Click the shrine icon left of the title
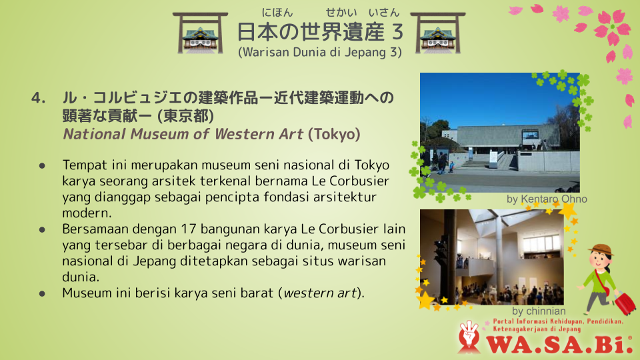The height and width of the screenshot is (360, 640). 200,33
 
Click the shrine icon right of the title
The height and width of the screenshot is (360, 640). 437,33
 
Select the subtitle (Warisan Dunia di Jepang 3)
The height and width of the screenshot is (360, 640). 320,52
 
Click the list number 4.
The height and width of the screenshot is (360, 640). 39,98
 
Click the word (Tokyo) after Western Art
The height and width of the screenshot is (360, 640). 334,134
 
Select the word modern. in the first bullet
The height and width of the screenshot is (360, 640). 87,213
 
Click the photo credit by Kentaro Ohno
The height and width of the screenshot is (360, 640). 547,199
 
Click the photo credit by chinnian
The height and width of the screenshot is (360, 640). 539,311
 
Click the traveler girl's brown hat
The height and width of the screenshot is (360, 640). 601,249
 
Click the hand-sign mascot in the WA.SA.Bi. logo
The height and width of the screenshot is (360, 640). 469,337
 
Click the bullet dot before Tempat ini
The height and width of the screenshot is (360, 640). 42,166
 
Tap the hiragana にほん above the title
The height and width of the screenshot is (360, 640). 277,13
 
